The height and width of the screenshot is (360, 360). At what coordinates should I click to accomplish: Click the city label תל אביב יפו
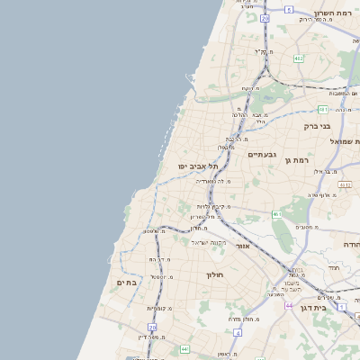[x=193, y=166]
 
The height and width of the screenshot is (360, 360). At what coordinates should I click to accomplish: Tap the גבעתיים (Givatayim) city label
[x=263, y=155]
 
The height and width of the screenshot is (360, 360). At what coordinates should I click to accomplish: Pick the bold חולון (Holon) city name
[x=214, y=274]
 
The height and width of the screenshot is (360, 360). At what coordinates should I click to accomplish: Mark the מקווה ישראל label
[x=212, y=241]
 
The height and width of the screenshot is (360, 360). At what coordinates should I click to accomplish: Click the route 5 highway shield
[x=289, y=9]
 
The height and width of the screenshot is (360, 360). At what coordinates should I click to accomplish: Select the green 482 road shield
[x=298, y=59]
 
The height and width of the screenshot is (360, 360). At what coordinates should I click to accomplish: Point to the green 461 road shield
[x=277, y=214]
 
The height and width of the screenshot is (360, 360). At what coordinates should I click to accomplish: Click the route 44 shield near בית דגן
[x=289, y=306]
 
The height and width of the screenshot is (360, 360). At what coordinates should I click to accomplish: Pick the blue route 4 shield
[x=237, y=332]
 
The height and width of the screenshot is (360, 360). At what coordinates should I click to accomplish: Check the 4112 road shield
[x=344, y=184]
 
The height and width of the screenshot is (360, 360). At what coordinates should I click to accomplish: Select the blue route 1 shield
[x=342, y=306]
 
